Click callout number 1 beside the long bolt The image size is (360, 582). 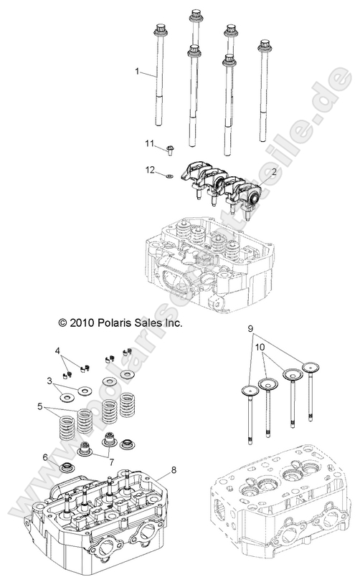(x=138, y=71)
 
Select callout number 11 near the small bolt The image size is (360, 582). (x=150, y=144)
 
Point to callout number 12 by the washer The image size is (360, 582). (x=150, y=171)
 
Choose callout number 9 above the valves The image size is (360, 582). (x=250, y=328)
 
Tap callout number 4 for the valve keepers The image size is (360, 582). (x=57, y=350)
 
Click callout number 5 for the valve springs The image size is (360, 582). (x=40, y=406)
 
